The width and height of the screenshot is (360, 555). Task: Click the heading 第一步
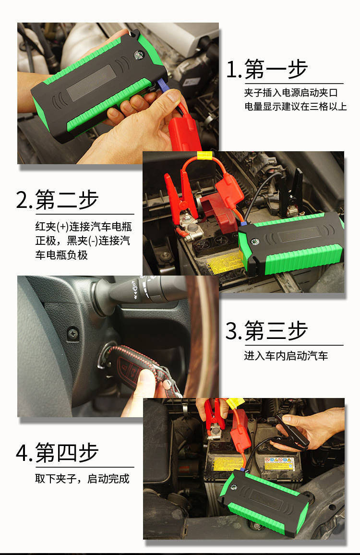coord(276,69)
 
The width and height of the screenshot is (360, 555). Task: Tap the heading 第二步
coord(67,200)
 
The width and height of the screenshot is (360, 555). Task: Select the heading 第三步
coord(276,331)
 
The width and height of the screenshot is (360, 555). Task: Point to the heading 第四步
coord(67,452)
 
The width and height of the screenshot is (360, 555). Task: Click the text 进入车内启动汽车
coord(286,356)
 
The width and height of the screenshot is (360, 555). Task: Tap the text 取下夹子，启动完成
coord(83,479)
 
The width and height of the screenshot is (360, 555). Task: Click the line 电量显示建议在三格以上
coord(296,106)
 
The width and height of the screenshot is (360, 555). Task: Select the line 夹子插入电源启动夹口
coord(290,92)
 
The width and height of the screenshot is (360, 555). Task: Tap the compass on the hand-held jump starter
coord(138,55)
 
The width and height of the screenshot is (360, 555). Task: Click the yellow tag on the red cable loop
coord(204,155)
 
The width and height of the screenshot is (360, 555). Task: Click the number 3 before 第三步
coord(232,331)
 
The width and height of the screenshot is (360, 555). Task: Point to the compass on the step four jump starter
coord(234,487)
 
